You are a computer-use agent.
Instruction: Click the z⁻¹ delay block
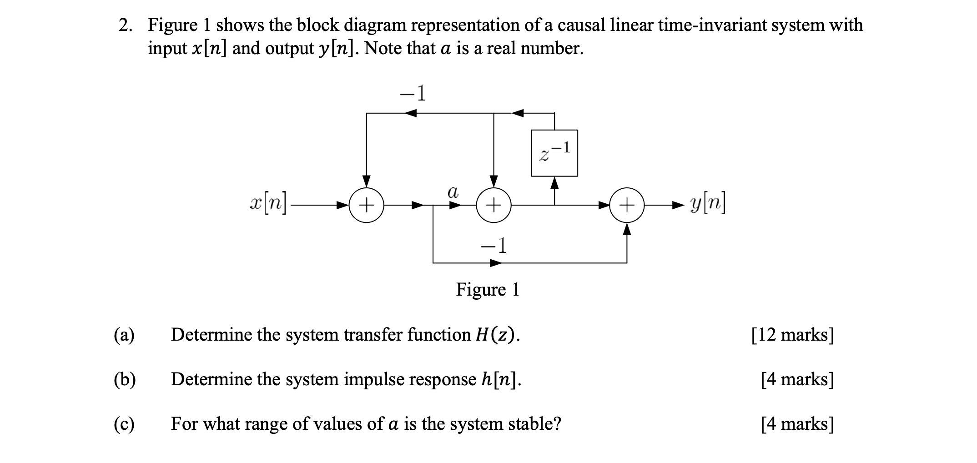pyautogui.click(x=554, y=153)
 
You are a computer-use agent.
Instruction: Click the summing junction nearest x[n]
pyautogui.click(x=367, y=205)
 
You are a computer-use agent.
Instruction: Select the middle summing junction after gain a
pyautogui.click(x=494, y=205)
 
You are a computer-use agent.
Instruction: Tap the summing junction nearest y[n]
pyautogui.click(x=627, y=205)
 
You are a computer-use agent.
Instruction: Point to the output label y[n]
pyautogui.click(x=708, y=205)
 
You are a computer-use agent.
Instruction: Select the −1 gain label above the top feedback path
pyautogui.click(x=413, y=94)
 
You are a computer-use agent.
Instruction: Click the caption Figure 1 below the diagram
pyautogui.click(x=488, y=289)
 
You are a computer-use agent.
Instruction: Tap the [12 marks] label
pyautogui.click(x=793, y=335)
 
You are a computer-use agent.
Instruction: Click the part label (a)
pyautogui.click(x=124, y=335)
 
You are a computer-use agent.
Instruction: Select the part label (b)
pyautogui.click(x=125, y=379)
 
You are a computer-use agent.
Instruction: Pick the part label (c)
pyautogui.click(x=124, y=424)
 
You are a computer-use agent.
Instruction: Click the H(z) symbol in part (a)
pyautogui.click(x=497, y=335)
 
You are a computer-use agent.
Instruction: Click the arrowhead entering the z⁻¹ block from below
pyautogui.click(x=554, y=182)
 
